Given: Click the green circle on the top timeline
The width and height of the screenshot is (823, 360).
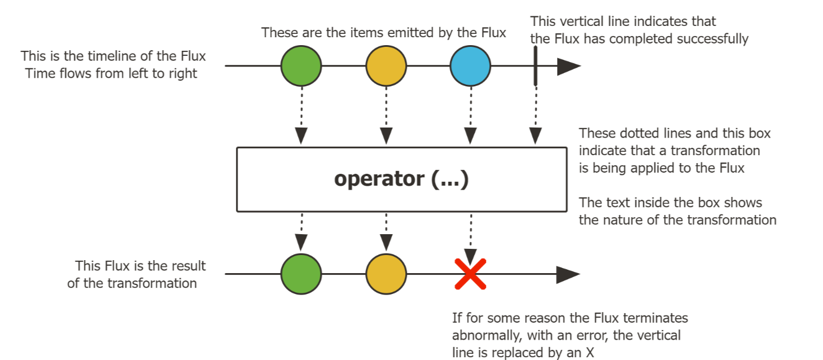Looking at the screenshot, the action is [301, 66].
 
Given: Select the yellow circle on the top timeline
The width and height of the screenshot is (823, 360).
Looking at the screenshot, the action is [386, 66].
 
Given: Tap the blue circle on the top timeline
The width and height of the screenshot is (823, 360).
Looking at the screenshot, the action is [471, 66].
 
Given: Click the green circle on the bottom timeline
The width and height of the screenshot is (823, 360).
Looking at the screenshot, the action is [301, 274].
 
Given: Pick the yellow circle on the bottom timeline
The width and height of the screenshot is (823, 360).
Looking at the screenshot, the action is [386, 274].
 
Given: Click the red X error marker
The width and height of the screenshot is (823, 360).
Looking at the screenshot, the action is [471, 274].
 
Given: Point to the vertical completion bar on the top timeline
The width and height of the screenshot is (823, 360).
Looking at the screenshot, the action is [536, 66].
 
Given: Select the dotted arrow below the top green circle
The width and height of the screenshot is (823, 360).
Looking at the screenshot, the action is [301, 116].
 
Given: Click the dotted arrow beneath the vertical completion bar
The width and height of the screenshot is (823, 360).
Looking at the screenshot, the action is [536, 116].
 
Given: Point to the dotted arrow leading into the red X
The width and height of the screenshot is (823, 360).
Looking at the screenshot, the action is [471, 239].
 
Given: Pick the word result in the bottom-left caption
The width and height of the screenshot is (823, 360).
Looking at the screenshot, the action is [187, 266].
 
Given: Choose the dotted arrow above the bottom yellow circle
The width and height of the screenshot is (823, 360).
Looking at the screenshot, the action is [386, 232].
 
